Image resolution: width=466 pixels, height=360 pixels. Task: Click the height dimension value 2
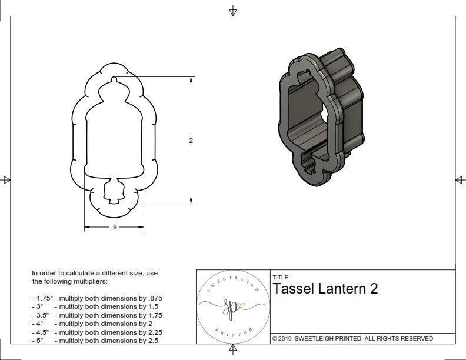click(x=191, y=141)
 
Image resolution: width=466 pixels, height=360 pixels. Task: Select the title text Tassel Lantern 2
click(x=325, y=289)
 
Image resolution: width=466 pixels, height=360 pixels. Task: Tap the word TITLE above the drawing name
click(x=280, y=278)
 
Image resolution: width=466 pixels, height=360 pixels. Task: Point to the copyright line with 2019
click(x=352, y=338)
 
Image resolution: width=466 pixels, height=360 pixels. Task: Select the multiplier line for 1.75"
click(x=97, y=298)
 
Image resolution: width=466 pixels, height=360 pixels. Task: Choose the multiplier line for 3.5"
click(x=97, y=315)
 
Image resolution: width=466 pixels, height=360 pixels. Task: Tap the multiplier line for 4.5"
click(x=97, y=332)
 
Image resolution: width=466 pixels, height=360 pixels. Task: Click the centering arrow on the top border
click(x=233, y=11)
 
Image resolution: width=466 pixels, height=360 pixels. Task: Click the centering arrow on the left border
click(x=6, y=179)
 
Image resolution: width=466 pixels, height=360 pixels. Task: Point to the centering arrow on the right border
click(x=460, y=179)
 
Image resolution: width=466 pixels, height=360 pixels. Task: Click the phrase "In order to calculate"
click(x=65, y=273)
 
